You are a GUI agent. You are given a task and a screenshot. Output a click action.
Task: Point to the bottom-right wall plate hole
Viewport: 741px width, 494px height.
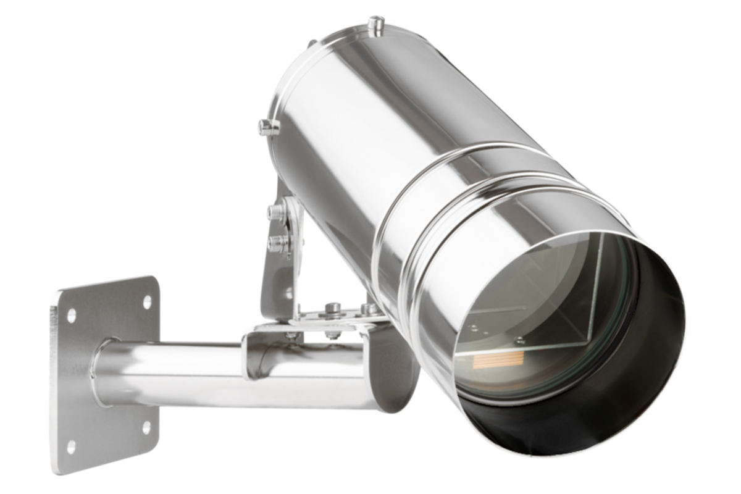(146, 427)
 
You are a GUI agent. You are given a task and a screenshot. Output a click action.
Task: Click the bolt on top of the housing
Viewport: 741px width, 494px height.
(375, 25)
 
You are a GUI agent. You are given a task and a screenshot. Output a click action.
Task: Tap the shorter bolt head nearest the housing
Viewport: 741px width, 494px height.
(369, 308)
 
